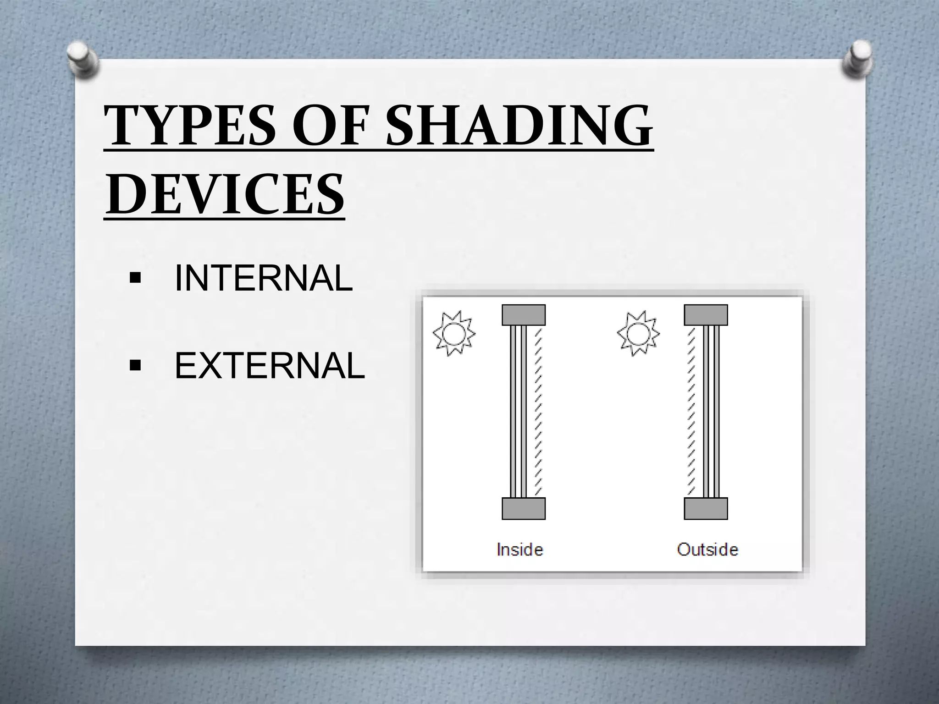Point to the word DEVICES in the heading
[x=224, y=193]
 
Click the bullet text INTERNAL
[x=264, y=278]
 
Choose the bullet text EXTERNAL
[x=270, y=366]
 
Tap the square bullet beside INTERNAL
[x=135, y=278]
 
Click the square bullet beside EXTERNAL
[x=135, y=366]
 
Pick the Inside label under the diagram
[x=519, y=549]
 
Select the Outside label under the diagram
[x=707, y=549]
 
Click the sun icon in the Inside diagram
[x=454, y=333]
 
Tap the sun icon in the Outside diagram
[x=638, y=333]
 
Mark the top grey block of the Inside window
[x=524, y=315]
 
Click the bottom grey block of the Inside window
[x=524, y=508]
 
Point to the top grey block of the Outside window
[x=706, y=315]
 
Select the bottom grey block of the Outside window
[x=706, y=508]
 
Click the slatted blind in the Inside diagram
[x=539, y=411]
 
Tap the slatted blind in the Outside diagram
[x=691, y=411]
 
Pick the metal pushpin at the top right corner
[x=857, y=60]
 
